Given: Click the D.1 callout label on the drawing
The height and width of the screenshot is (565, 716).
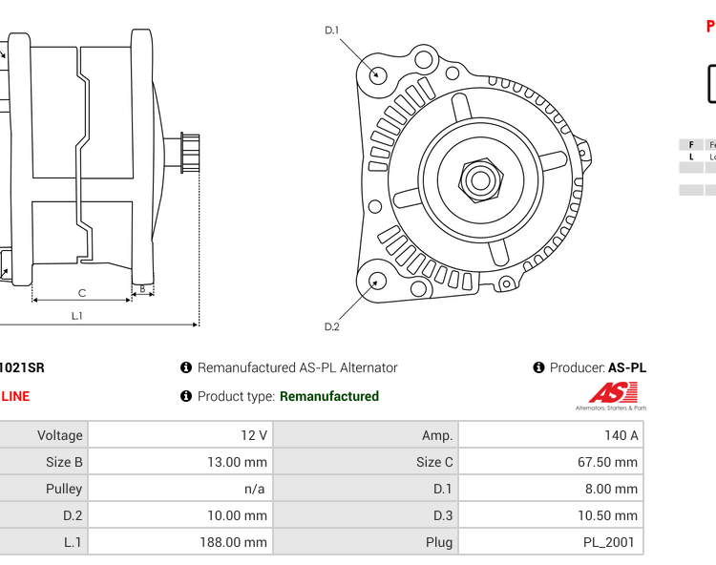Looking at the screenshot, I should click(x=331, y=31).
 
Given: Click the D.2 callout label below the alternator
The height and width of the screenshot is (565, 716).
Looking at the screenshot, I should click(x=331, y=326).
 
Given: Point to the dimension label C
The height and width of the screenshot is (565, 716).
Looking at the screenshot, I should click(x=82, y=292).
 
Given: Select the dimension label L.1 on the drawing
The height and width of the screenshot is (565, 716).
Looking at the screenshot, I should click(x=77, y=316).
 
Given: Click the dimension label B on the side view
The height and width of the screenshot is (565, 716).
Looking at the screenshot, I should click(x=142, y=287).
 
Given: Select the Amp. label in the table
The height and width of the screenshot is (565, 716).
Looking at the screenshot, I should click(x=437, y=435).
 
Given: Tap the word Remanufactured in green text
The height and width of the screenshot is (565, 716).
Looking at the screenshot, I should click(x=329, y=396).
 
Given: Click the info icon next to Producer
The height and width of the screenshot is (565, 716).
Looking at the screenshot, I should click(x=539, y=367).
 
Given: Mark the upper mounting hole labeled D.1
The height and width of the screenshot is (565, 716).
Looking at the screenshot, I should click(x=378, y=73).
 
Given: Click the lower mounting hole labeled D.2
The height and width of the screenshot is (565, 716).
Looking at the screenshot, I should click(x=378, y=281).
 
